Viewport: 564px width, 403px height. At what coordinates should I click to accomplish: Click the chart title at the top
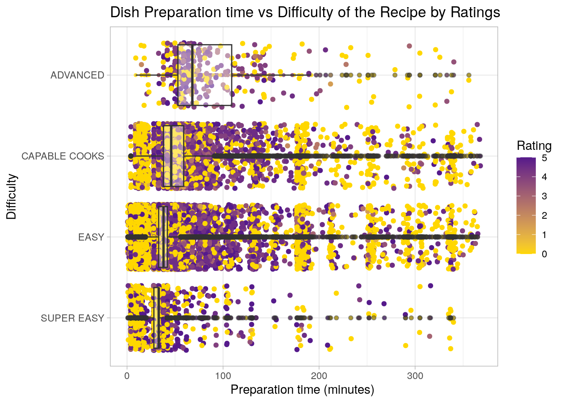click(x=305, y=13)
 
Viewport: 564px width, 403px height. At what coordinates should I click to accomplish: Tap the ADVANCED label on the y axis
click(x=77, y=75)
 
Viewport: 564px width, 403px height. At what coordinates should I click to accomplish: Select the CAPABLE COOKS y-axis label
click(x=63, y=156)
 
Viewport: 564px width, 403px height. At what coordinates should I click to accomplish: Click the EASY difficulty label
click(x=91, y=237)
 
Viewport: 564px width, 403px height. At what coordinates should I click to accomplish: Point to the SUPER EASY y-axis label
click(x=72, y=318)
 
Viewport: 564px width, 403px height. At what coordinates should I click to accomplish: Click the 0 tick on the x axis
click(x=127, y=376)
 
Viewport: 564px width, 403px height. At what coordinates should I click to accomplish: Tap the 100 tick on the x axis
click(x=223, y=376)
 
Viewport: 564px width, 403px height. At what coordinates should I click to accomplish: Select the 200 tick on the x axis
click(x=319, y=376)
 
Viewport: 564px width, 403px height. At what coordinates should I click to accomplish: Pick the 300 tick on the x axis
click(x=415, y=376)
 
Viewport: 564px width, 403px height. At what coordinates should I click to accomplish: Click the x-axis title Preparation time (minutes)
click(x=302, y=390)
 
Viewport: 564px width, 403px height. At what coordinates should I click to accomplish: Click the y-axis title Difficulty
click(x=11, y=196)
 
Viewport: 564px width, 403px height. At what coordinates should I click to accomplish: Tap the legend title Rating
click(x=534, y=146)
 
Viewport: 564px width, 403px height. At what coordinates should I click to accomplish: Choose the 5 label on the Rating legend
click(x=544, y=158)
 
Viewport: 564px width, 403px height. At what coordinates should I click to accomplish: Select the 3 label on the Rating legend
click(x=544, y=196)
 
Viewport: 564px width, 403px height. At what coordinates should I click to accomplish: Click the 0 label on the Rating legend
click(x=544, y=254)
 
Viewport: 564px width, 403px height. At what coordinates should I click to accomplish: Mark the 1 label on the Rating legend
click(x=544, y=235)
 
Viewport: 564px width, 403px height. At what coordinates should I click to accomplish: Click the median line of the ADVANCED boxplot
click(x=192, y=75)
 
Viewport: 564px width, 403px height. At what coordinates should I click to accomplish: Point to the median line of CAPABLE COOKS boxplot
click(x=171, y=156)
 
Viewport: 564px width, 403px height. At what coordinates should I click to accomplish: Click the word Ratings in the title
click(x=475, y=13)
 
